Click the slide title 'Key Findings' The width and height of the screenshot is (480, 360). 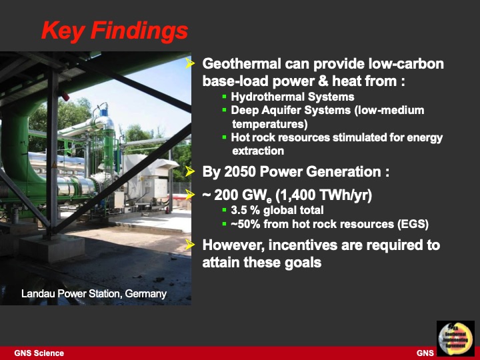pos(114,30)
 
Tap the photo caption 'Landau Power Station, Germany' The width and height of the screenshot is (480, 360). pos(94,293)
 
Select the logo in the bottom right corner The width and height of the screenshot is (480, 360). pos(455,339)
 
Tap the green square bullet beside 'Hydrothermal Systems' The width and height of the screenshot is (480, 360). pos(225,97)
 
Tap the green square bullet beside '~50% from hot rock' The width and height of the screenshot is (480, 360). pos(225,224)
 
